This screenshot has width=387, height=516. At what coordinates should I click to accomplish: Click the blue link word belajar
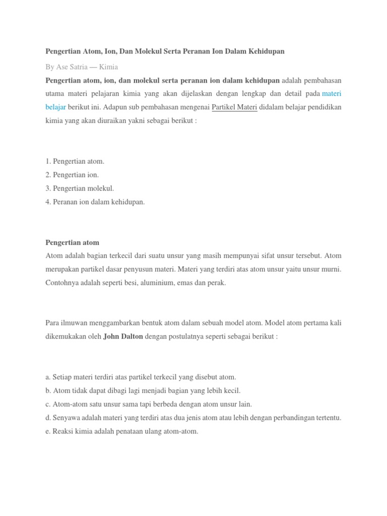tap(55, 107)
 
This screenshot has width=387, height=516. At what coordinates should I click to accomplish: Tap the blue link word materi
tap(332, 94)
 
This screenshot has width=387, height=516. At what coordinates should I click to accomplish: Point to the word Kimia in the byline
tap(109, 67)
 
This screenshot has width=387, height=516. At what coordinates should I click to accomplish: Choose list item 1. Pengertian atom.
tap(75, 161)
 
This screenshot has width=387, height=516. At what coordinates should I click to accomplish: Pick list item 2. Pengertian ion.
tap(72, 175)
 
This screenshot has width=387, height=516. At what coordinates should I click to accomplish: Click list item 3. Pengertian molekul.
tap(80, 188)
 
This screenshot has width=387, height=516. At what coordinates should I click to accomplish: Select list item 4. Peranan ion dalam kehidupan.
tap(95, 202)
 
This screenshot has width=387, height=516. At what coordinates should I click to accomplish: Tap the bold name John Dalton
tap(123, 336)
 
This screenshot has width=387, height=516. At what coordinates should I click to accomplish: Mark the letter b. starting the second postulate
tap(48, 391)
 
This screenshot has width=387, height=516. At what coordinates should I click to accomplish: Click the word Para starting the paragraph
tap(53, 322)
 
